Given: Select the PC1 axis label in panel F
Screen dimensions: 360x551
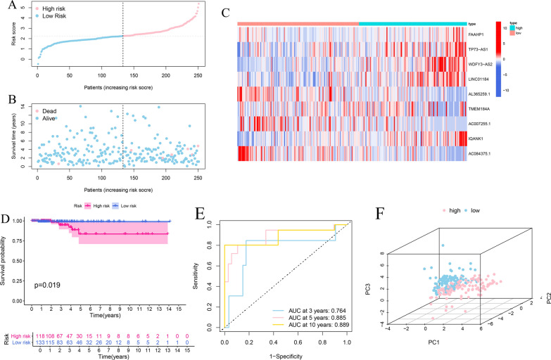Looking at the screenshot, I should (429, 345).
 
